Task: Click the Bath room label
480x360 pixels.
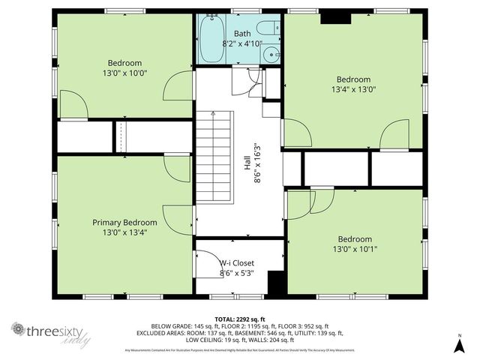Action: point(242,34)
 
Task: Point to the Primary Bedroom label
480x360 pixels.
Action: point(124,223)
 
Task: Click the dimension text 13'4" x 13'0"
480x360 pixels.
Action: point(353,89)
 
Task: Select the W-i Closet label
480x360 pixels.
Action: point(237,263)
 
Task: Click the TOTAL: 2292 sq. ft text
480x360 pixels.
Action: point(240,318)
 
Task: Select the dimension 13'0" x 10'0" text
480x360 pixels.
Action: point(124,73)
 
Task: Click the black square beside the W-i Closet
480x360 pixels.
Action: point(276,283)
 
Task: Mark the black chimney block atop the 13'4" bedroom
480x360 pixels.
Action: point(331,17)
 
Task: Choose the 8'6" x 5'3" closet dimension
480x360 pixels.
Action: point(237,273)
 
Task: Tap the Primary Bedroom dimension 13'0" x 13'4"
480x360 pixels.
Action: point(124,232)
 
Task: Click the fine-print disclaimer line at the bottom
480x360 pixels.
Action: point(240,350)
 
